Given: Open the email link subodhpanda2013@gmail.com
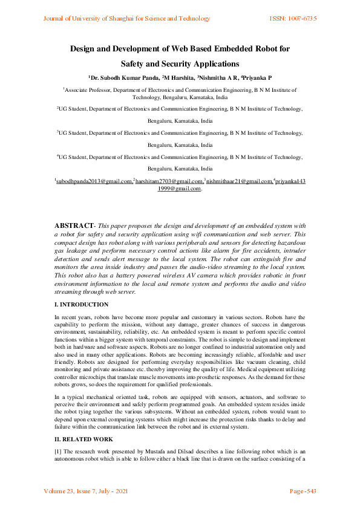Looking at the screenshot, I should click(x=94, y=181).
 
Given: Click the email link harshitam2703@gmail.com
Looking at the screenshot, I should click(x=169, y=181).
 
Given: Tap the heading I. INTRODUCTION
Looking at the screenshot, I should click(x=82, y=305).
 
